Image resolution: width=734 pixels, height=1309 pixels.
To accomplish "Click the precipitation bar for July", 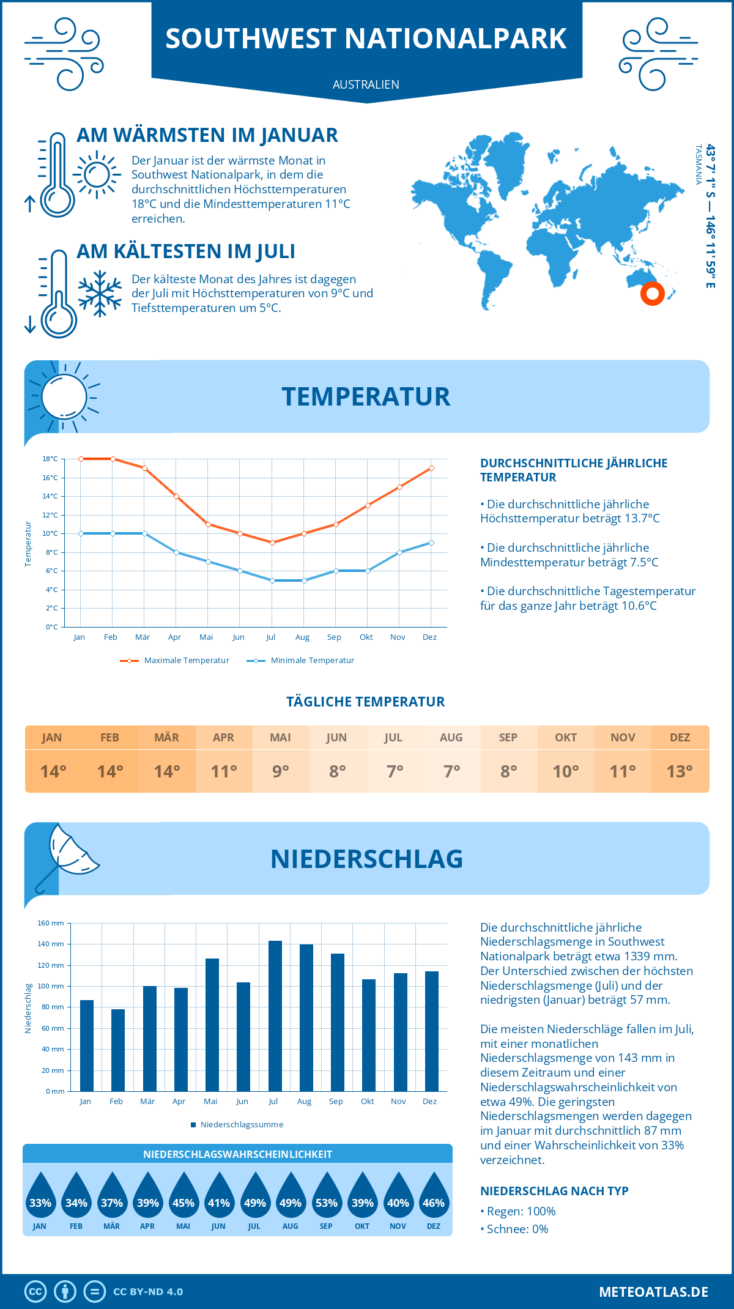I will [x=275, y=1016].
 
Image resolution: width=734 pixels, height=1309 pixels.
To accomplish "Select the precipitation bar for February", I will [x=118, y=1050].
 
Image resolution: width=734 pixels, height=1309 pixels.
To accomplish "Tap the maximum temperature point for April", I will [x=176, y=496].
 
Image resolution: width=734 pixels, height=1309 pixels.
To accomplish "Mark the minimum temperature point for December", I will [x=431, y=543].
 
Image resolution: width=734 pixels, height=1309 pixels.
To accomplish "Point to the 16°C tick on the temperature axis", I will [x=50, y=478].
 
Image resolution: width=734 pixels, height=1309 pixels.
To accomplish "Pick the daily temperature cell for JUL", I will [x=395, y=771].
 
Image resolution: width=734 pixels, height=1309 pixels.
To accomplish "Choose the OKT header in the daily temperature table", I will [x=565, y=738].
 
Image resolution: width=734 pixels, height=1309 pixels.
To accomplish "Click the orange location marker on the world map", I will [x=653, y=294].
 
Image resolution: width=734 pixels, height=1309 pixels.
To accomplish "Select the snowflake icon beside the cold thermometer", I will [x=100, y=294].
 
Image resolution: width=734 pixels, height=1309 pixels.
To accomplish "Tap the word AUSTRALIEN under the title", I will [x=366, y=84].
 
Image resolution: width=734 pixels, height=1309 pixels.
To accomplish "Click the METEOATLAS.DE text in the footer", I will [x=653, y=1292].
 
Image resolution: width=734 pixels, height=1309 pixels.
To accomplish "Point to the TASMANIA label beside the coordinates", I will [x=698, y=165].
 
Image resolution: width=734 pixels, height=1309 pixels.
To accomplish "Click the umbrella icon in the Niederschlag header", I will [x=69, y=854].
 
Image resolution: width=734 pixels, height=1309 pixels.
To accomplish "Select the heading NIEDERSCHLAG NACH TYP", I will [x=554, y=1191].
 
